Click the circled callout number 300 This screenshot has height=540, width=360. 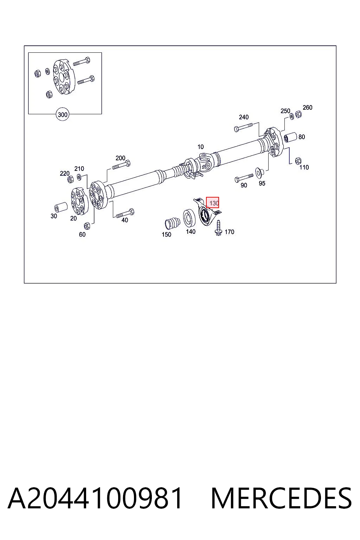tap(63, 115)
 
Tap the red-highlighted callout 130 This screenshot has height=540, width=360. tap(212, 203)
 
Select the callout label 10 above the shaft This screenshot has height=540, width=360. tap(200, 147)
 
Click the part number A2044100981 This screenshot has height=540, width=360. tap(95, 498)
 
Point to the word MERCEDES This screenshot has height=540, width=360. tap(281, 498)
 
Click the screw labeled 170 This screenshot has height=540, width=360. tap(218, 228)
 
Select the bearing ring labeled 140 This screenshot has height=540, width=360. tap(189, 218)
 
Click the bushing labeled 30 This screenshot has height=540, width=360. tap(61, 207)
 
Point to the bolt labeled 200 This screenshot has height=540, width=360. tap(121, 165)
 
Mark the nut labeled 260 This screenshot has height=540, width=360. tap(298, 114)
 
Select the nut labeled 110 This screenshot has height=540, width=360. tap(298, 161)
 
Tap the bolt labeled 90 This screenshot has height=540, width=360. tap(244, 178)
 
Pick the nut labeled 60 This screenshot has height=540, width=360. tap(87, 226)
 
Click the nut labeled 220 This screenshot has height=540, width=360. tap(70, 179)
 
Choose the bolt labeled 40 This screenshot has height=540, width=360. tap(125, 213)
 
